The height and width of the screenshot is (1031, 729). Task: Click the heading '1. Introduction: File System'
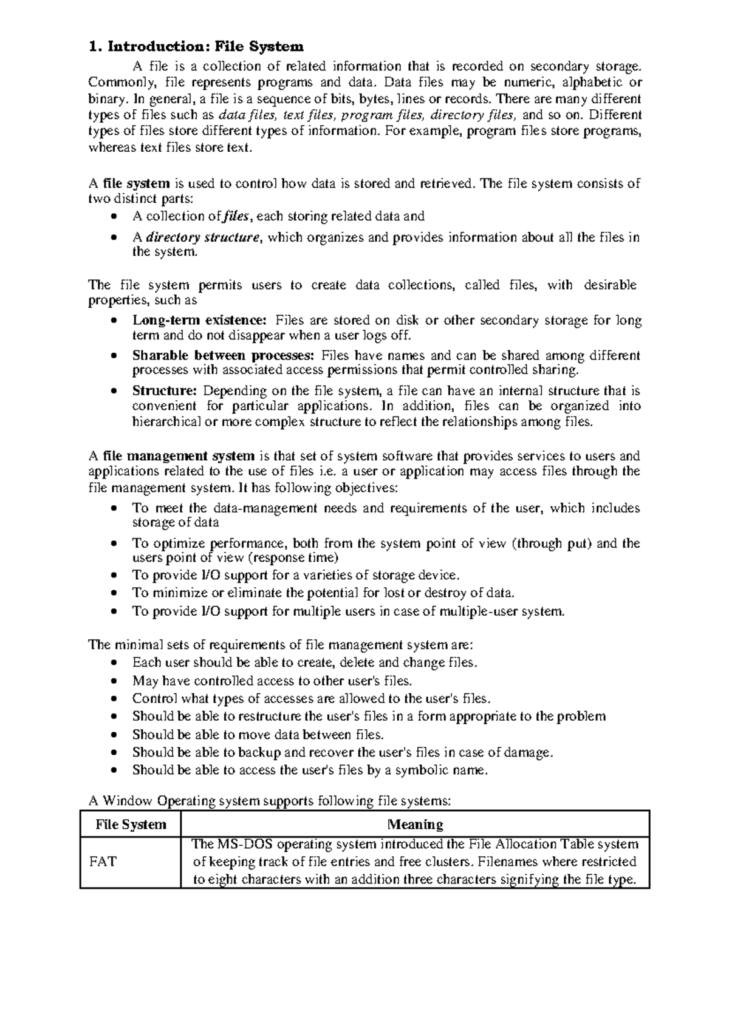point(196,46)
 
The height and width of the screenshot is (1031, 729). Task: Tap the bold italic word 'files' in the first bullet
point(236,216)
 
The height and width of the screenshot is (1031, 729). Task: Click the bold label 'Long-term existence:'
point(199,320)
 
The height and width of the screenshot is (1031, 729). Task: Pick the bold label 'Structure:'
point(164,390)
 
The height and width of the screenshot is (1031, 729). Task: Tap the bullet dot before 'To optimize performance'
point(116,544)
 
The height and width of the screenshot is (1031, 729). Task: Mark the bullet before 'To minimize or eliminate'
point(116,593)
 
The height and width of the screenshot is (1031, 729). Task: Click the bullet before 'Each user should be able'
point(116,663)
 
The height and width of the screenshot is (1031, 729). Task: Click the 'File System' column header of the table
point(131,824)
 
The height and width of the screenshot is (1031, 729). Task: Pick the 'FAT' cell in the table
point(103,861)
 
